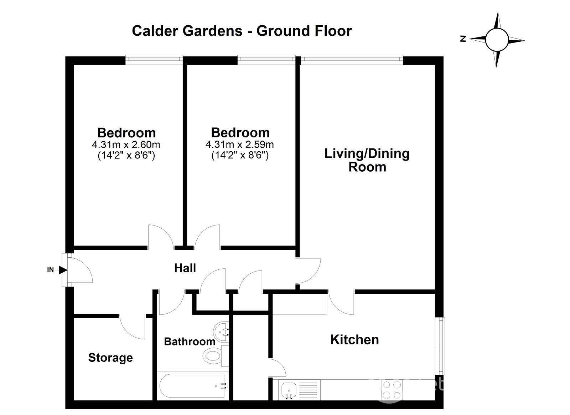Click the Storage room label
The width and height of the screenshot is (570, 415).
(x=110, y=358)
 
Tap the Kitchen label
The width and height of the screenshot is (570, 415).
(x=354, y=340)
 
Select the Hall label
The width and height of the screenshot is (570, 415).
(x=185, y=268)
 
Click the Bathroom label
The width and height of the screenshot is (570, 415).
(x=190, y=341)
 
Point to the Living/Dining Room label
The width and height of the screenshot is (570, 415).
(x=367, y=160)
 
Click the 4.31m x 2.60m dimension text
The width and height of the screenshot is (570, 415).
(x=126, y=145)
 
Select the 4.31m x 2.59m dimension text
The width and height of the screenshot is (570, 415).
(x=240, y=145)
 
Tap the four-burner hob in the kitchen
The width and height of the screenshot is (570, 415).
(x=392, y=389)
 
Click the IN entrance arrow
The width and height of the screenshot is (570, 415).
(x=63, y=270)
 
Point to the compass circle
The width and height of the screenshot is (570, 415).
(x=497, y=40)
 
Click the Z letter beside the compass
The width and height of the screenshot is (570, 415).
(x=463, y=39)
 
